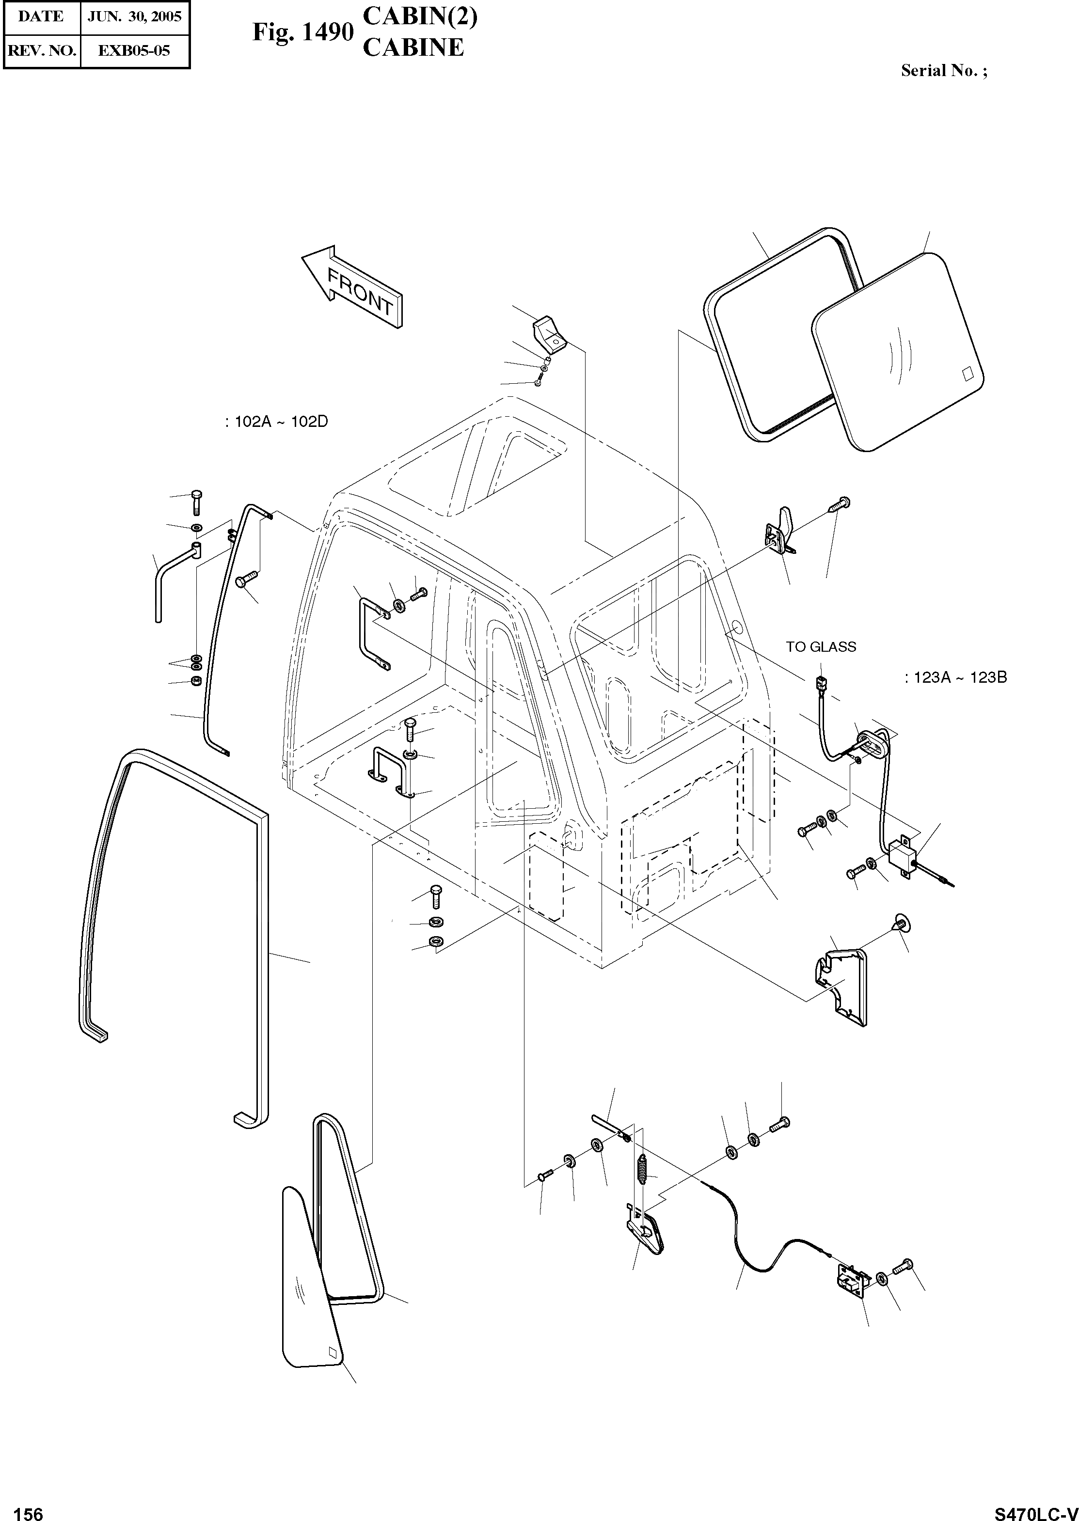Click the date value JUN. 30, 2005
coord(135,16)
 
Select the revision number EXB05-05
coord(134,50)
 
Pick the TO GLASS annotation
coord(821,646)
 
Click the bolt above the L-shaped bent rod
coord(197,502)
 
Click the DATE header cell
coord(41,16)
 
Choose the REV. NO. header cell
coord(41,50)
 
